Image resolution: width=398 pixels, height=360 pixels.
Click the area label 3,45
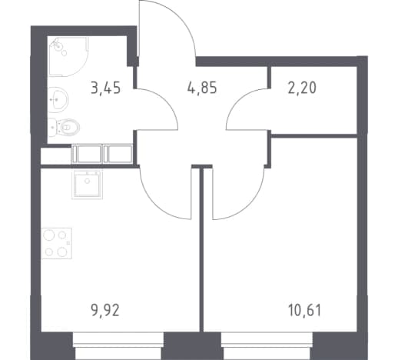pyautogui.click(x=105, y=88)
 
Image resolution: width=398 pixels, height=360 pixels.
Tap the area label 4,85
pyautogui.click(x=202, y=88)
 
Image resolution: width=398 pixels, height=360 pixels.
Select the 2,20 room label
pyautogui.click(x=302, y=88)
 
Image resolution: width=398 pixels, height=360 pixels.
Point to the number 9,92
pyautogui.click(x=105, y=311)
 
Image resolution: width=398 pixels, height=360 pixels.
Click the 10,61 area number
pyautogui.click(x=304, y=311)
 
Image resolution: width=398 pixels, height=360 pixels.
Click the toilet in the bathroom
pyautogui.click(x=64, y=127)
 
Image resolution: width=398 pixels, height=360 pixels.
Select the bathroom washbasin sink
pyautogui.click(x=58, y=99)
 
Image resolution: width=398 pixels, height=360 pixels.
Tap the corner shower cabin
pyautogui.click(x=68, y=57)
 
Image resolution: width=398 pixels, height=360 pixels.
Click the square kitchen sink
pyautogui.click(x=88, y=184)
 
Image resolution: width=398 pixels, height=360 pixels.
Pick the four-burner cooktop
pyautogui.click(x=57, y=243)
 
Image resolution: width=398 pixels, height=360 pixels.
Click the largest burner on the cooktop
pyautogui.click(x=48, y=235)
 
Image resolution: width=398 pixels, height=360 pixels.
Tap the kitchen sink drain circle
pyautogui.click(x=88, y=181)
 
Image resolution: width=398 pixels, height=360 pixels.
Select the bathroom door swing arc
pyautogui.click(x=166, y=101)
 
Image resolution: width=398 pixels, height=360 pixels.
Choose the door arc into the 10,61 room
pyautogui.click(x=249, y=205)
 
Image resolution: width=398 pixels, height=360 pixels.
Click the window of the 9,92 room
pyautogui.click(x=118, y=345)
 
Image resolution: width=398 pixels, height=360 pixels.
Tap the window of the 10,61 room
pyautogui.click(x=267, y=345)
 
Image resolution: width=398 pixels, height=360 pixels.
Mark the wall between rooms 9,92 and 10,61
pyautogui.click(x=201, y=249)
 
